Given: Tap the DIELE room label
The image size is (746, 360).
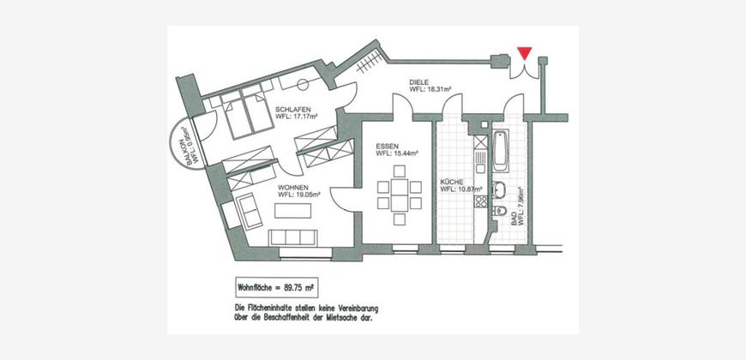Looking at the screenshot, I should point(419,81).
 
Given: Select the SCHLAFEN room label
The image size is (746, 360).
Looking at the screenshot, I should point(292,110).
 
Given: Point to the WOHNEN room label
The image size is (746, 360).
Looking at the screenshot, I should point(294,186).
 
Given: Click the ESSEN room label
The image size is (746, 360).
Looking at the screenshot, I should point(388,147).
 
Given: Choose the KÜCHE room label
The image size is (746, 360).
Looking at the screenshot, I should point(452,182).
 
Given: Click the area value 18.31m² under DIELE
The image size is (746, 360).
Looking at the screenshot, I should point(436,88).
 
